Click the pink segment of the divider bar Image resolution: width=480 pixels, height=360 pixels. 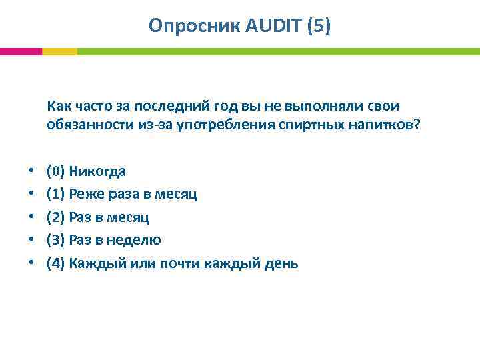pyautogui.click(x=21, y=51)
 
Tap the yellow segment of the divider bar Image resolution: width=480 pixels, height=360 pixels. pyautogui.click(x=59, y=51)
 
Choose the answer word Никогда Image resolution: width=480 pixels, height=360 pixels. pyautogui.click(x=97, y=171)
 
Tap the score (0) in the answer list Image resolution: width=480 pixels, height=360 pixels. pyautogui.click(x=55, y=171)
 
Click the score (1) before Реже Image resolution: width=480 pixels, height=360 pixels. pyautogui.click(x=55, y=194)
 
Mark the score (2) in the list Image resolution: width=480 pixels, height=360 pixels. pyautogui.click(x=55, y=217)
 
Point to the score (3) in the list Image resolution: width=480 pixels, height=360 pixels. pyautogui.click(x=55, y=240)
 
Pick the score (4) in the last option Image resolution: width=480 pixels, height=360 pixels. pyautogui.click(x=55, y=263)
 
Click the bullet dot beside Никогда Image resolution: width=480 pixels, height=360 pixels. pyautogui.click(x=31, y=171)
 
